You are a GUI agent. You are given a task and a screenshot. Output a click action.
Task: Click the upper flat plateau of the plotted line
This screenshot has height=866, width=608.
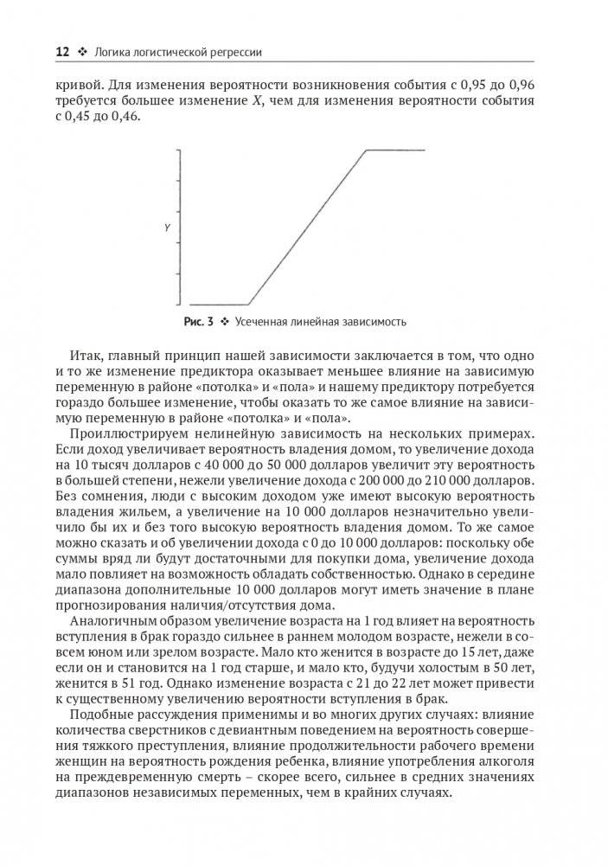click(x=395, y=151)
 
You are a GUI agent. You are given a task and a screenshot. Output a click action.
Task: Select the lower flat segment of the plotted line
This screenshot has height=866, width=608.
click(x=219, y=305)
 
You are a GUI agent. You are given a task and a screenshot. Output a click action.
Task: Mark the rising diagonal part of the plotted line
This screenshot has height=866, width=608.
click(x=307, y=228)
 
